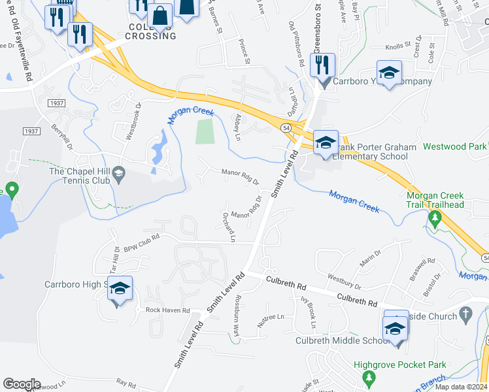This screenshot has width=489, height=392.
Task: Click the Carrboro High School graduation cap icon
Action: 120,288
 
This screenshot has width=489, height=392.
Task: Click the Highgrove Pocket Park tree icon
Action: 368,378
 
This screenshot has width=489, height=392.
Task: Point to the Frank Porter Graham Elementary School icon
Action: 325,144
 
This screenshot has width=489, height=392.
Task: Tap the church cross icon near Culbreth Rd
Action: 465,314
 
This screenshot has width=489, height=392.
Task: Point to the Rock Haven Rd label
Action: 167,310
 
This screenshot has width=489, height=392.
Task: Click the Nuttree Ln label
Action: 270,317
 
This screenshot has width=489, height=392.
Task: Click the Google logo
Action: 22,384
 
